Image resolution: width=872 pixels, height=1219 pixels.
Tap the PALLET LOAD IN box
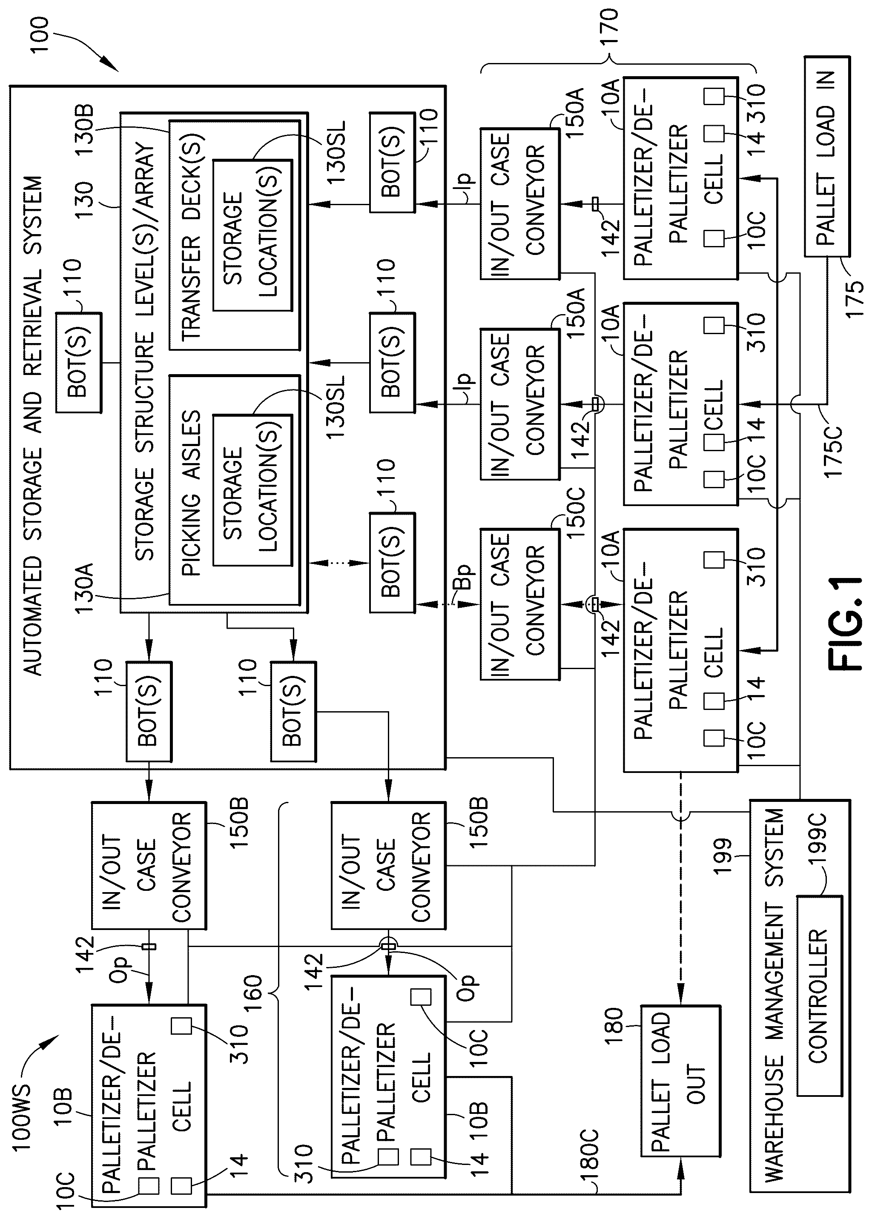(827, 156)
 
